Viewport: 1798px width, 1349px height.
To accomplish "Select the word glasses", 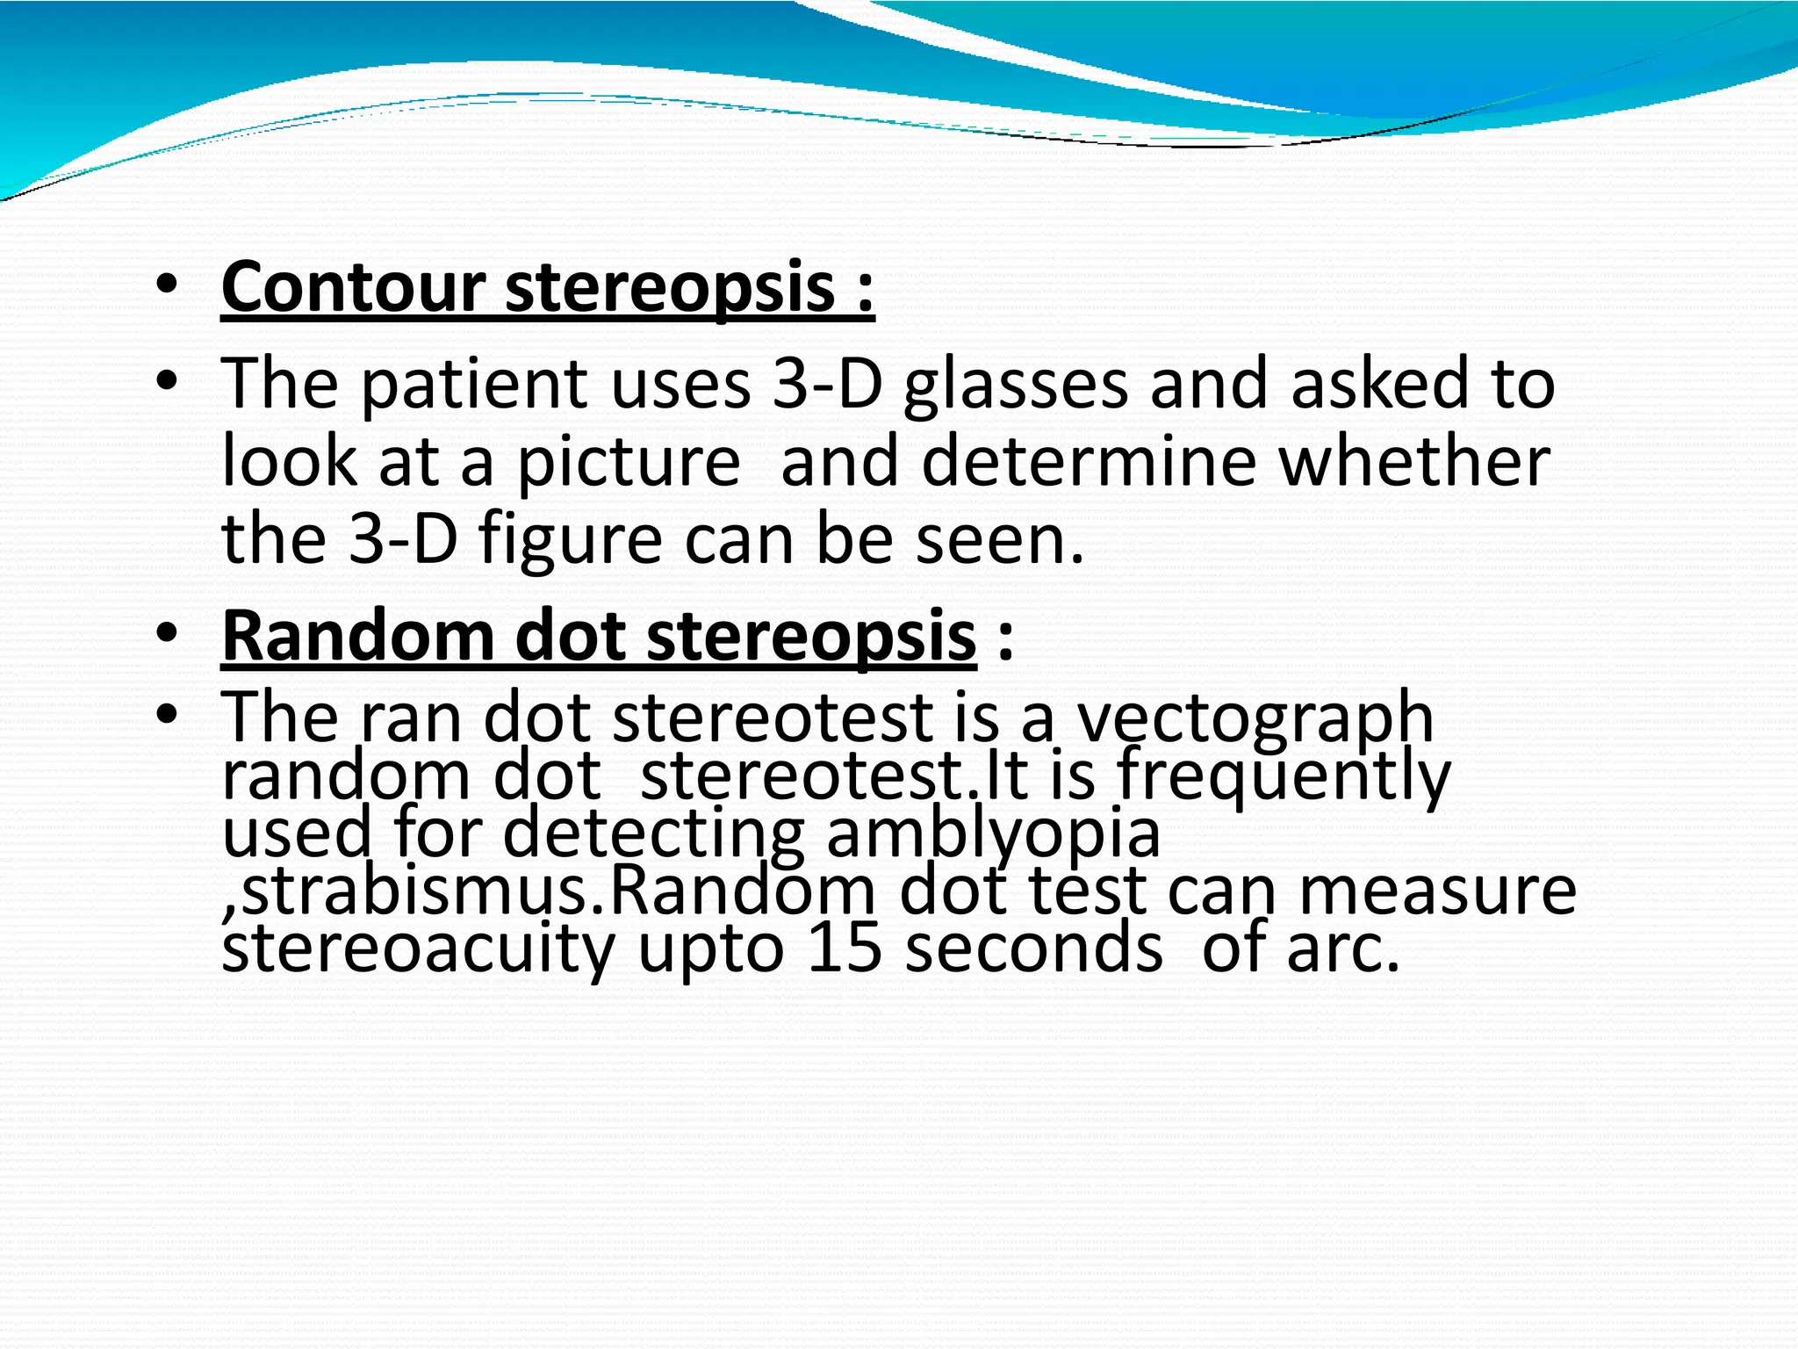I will pyautogui.click(x=1015, y=386).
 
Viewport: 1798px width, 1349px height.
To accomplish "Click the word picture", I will pyautogui.click(x=628, y=463).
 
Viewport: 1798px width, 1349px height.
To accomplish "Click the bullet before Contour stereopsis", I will pyautogui.click(x=166, y=286).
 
